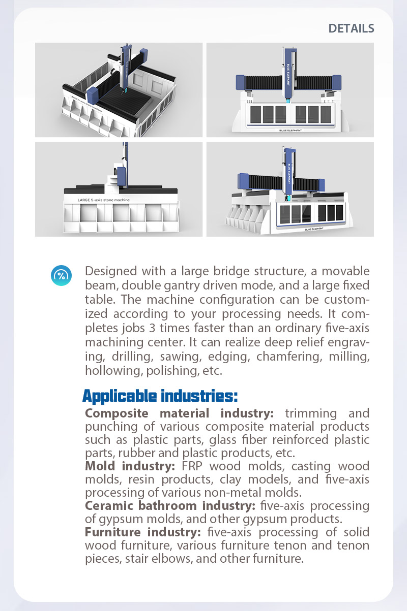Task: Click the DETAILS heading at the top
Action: tap(351, 28)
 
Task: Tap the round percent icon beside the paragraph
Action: tap(61, 275)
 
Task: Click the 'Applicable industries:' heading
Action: tap(160, 395)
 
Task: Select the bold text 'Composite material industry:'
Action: tap(180, 413)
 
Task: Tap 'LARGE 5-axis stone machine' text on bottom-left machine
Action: tap(103, 200)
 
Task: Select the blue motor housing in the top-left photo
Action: tap(94, 95)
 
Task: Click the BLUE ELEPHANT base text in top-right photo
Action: tap(290, 131)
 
